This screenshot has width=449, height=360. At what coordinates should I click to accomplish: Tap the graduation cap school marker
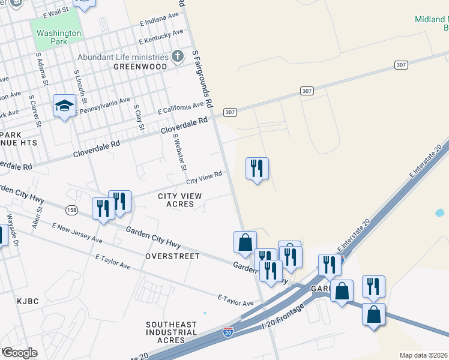[64, 106]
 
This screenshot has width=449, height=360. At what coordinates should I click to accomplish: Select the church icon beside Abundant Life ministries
[177, 57]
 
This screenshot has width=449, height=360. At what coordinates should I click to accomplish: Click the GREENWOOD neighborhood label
[139, 67]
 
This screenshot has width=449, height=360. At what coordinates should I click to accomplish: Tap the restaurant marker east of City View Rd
[257, 169]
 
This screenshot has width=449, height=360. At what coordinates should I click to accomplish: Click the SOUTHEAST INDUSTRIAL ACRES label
[171, 332]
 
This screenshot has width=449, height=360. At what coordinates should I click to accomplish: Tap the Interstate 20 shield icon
[228, 332]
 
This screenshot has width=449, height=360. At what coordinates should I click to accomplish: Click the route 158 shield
[72, 209]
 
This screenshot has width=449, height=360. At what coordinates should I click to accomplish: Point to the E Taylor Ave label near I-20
[236, 300]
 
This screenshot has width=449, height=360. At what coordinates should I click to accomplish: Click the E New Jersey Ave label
[77, 233]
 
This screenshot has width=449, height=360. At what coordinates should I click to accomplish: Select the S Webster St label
[180, 151]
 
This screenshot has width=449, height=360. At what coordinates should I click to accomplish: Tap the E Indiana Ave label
[159, 18]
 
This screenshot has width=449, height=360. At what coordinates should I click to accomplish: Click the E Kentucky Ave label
[161, 37]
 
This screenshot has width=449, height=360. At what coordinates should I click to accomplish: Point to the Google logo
[20, 353]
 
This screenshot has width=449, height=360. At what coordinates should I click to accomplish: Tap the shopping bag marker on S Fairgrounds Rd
[245, 242]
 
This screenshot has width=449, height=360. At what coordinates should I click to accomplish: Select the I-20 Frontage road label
[283, 316]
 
